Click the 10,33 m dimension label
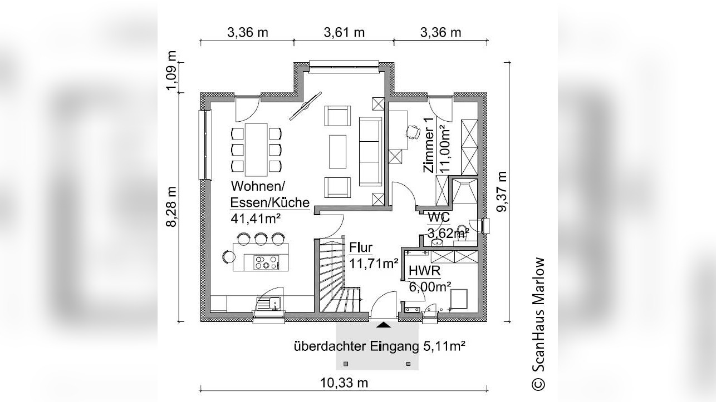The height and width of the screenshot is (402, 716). pos(344,383)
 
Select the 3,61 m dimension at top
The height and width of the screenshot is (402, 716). pos(344,32)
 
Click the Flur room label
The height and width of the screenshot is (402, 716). pos(361,247)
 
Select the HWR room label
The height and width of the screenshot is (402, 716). pos(425,271)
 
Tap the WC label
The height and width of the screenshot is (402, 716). pos(439,217)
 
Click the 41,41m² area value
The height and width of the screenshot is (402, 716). pos(255,218)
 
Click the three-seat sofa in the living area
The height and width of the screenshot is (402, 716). pos(370,151)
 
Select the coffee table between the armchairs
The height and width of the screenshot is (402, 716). pos(338,151)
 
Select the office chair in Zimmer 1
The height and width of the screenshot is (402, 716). pos(413,131)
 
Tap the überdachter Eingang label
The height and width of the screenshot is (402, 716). pos(379,347)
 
